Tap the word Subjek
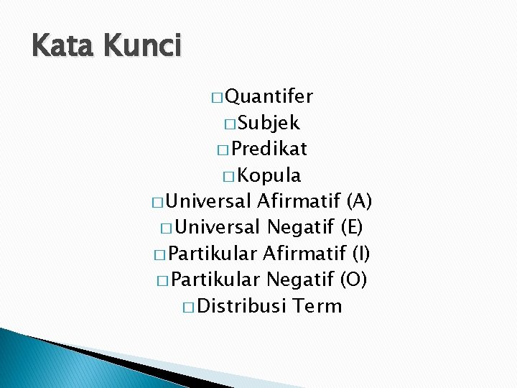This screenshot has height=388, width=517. [269, 123]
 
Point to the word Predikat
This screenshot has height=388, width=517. [270, 149]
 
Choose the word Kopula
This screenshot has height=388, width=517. [269, 175]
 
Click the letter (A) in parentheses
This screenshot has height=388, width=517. [358, 201]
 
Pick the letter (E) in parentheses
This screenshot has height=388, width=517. [351, 228]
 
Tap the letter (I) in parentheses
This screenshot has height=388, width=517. [361, 254]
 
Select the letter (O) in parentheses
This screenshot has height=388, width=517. [353, 280]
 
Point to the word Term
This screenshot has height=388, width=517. [318, 306]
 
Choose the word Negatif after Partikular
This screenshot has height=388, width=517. [299, 280]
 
